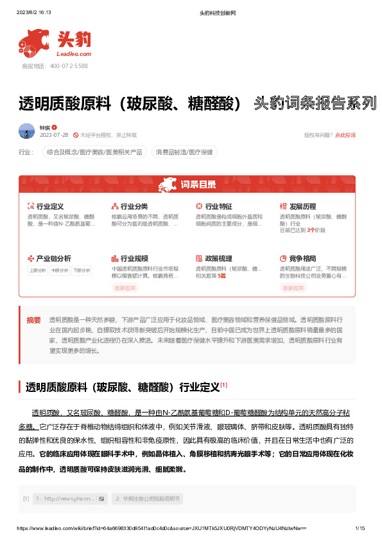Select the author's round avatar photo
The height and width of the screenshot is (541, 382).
click(x=27, y=131)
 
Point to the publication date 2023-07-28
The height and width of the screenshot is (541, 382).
click(x=54, y=135)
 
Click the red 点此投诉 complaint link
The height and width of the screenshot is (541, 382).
click(x=344, y=135)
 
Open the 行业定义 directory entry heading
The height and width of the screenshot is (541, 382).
click(x=50, y=206)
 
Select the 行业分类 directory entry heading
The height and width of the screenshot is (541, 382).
click(x=134, y=206)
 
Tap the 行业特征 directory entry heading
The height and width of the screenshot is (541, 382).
click(x=218, y=206)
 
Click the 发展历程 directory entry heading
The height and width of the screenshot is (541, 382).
click(x=302, y=206)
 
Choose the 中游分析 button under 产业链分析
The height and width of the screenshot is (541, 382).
click(x=60, y=270)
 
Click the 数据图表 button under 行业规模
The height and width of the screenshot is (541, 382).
click(x=125, y=288)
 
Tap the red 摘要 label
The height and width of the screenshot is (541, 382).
click(x=33, y=320)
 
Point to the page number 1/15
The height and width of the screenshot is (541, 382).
click(x=360, y=528)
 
